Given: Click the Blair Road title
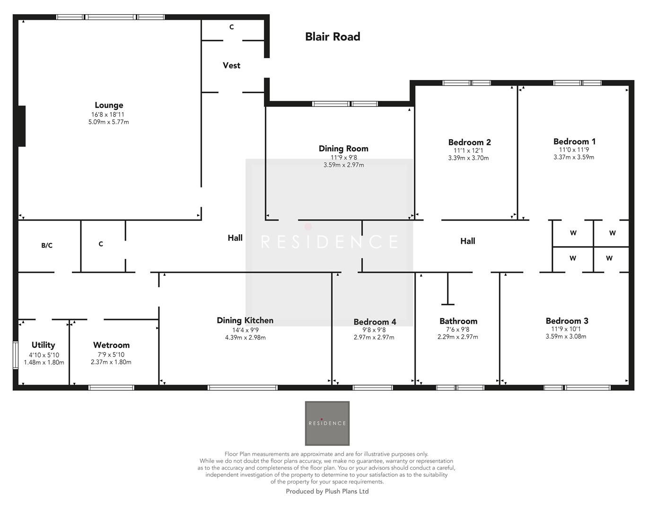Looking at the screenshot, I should tap(333, 36).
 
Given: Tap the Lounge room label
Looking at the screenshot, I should tap(109, 105).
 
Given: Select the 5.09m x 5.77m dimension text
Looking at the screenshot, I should tap(109, 122).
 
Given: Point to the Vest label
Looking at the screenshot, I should tap(231, 65).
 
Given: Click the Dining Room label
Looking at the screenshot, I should tap(343, 149).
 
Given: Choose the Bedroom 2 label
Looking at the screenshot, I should tap(469, 142).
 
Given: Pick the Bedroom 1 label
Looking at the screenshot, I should tap(574, 141).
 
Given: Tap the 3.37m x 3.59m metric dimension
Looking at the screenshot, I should tap(574, 157).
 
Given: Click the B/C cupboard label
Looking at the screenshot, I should tap(47, 245).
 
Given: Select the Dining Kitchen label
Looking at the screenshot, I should tap(245, 320).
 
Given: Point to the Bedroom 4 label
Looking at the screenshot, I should tap(375, 322).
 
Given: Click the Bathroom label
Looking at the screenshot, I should tap(458, 321).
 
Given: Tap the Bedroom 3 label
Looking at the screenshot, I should tap(567, 321).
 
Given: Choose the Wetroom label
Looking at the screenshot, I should tap(111, 345).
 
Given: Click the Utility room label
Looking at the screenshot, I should tap(43, 345).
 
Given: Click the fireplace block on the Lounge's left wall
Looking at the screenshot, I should tap(21, 126).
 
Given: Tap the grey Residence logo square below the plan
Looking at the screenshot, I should tap(327, 423).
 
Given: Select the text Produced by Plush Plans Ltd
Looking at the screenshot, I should tap(327, 491).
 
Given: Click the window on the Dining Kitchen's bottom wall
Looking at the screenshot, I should tap(242, 388).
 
